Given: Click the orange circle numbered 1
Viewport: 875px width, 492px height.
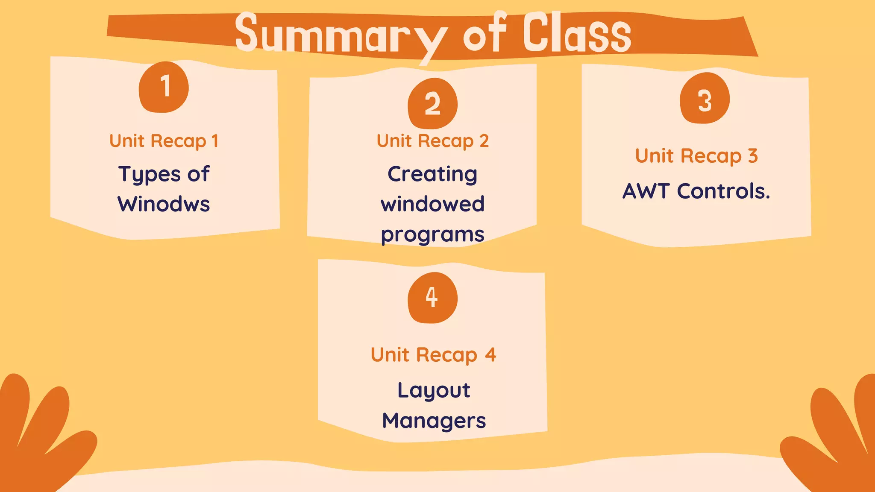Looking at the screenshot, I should point(164,87).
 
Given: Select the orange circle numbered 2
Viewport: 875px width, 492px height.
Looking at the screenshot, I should point(432,103).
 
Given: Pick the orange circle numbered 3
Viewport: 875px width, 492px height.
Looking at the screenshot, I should point(705,99).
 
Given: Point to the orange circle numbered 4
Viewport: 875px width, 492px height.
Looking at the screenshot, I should point(432,298).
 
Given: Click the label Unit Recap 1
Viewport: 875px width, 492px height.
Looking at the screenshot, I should point(164,141).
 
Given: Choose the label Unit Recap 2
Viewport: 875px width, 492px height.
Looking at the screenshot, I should point(432,141).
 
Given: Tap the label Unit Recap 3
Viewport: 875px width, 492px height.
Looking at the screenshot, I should point(696,156).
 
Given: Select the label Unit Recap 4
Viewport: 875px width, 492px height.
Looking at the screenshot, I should point(433,355).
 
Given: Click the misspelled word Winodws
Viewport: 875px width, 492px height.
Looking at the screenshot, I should point(164,204).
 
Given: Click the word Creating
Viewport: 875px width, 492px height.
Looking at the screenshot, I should point(432,174).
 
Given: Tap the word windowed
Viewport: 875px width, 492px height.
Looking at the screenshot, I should point(432,204).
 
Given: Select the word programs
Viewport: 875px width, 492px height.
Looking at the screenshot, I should point(432,235).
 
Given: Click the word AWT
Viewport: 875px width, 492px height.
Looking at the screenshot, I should point(646,191).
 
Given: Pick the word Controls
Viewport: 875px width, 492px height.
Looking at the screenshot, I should point(723,191).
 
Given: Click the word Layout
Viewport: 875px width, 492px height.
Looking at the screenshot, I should point(434,390).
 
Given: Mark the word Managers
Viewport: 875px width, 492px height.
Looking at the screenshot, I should point(434,421).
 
